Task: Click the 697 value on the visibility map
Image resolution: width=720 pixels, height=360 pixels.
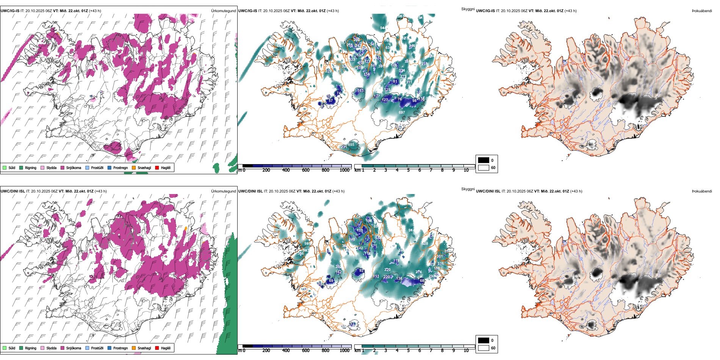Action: click(402, 113)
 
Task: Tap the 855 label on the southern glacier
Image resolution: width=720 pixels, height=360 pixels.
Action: click(351, 145)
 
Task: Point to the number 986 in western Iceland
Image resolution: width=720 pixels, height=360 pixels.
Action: click(307, 244)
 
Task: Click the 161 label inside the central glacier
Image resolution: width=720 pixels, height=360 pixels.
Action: click(360, 91)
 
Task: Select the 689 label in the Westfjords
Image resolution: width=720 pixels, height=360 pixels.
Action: click(280, 46)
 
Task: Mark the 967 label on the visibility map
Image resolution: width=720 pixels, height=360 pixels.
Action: click(401, 16)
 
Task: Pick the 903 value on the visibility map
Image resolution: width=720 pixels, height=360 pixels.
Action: click(306, 250)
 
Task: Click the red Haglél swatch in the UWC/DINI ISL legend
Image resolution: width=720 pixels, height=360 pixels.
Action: click(157, 348)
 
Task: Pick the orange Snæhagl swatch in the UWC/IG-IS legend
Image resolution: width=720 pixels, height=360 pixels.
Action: click(134, 167)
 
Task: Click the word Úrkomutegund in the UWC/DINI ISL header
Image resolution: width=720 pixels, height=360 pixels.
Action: click(223, 191)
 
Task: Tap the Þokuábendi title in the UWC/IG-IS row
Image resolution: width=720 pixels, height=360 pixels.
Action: click(702, 11)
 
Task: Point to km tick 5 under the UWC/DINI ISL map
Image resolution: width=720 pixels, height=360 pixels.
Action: click(408, 351)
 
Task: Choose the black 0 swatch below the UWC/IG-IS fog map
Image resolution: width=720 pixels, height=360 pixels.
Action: click(484, 160)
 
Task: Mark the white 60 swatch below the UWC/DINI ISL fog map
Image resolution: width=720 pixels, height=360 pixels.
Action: click(484, 348)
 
